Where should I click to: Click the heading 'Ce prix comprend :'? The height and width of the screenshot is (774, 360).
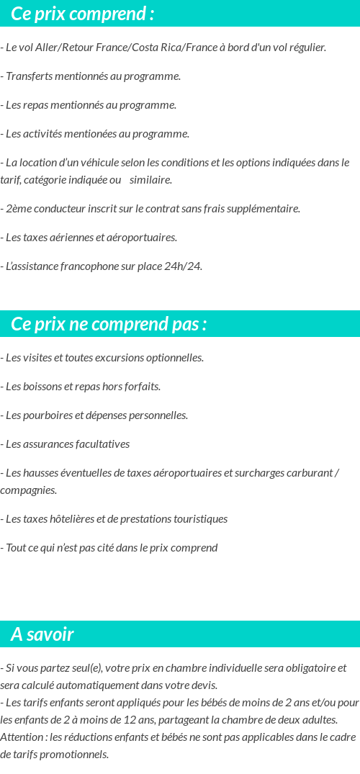coord(83,14)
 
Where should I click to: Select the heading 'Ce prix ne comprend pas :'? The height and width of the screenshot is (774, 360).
coord(109,324)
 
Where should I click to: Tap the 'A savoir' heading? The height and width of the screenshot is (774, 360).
coord(42,634)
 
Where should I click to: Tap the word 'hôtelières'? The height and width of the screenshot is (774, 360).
coord(74,519)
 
